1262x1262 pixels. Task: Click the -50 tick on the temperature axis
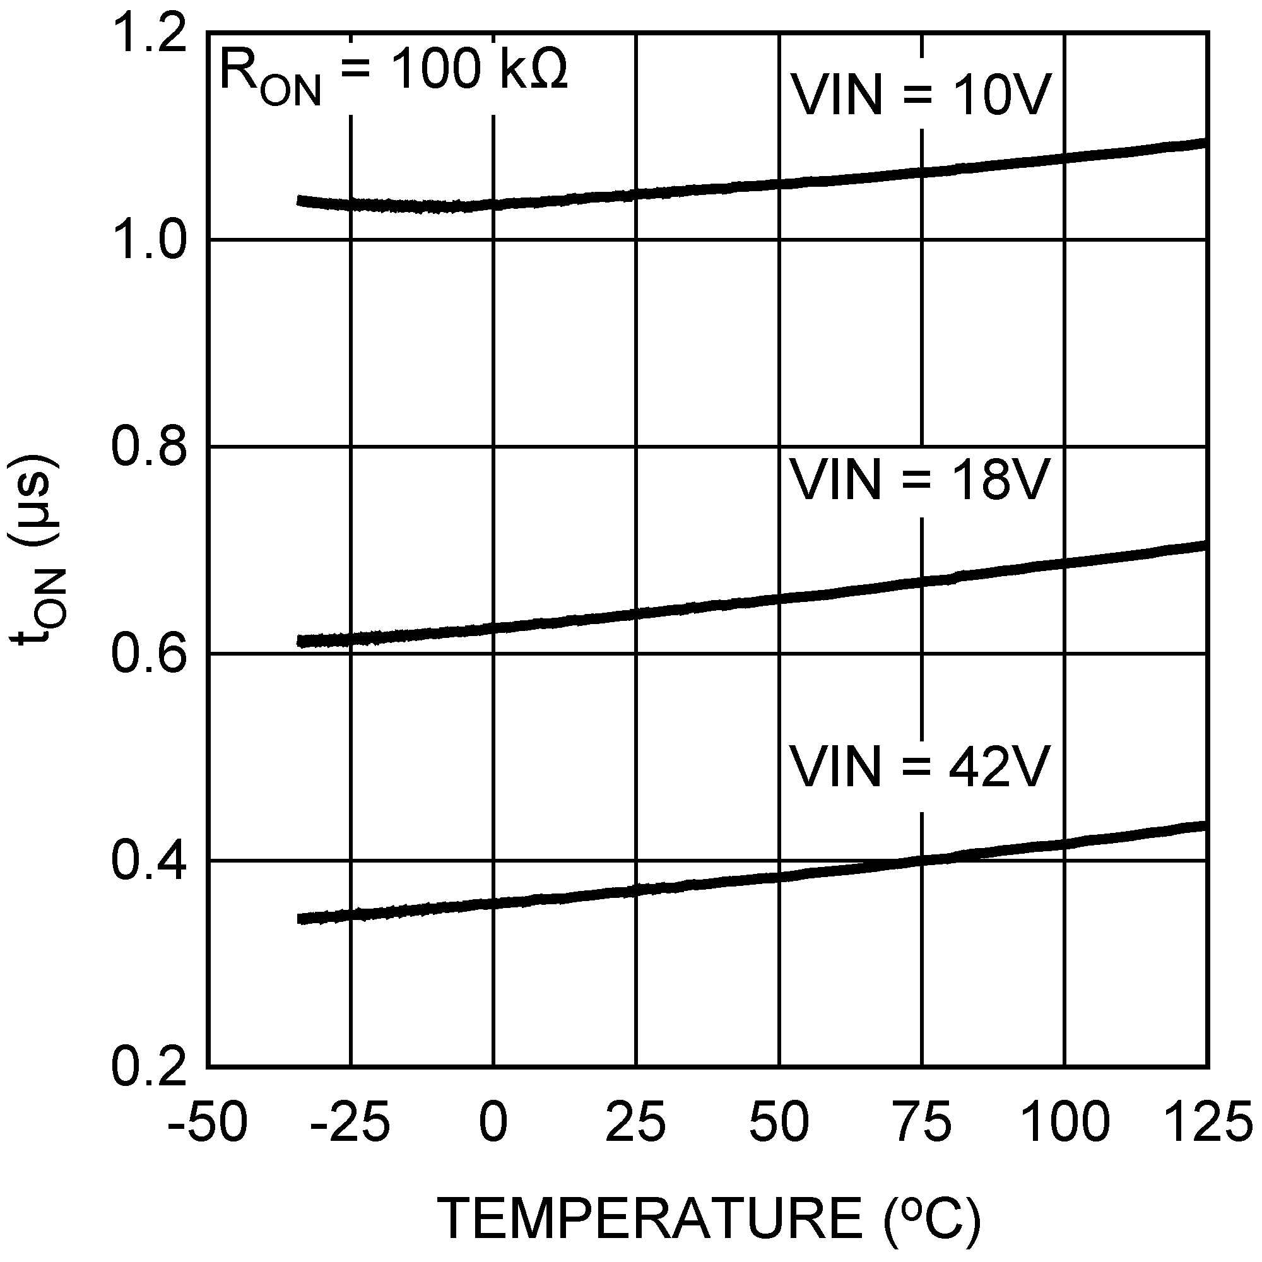coord(208,1121)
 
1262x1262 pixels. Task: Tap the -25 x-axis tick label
coord(350,1121)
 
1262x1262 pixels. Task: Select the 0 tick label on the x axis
coord(493,1121)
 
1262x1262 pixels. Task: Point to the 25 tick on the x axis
coord(635,1121)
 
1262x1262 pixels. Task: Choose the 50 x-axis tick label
coord(779,1121)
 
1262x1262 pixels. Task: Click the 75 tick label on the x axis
coord(921,1121)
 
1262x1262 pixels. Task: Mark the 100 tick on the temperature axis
coord(1064,1121)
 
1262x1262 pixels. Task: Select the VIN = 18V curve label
coord(921,481)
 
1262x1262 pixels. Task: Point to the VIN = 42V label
coord(921,767)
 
